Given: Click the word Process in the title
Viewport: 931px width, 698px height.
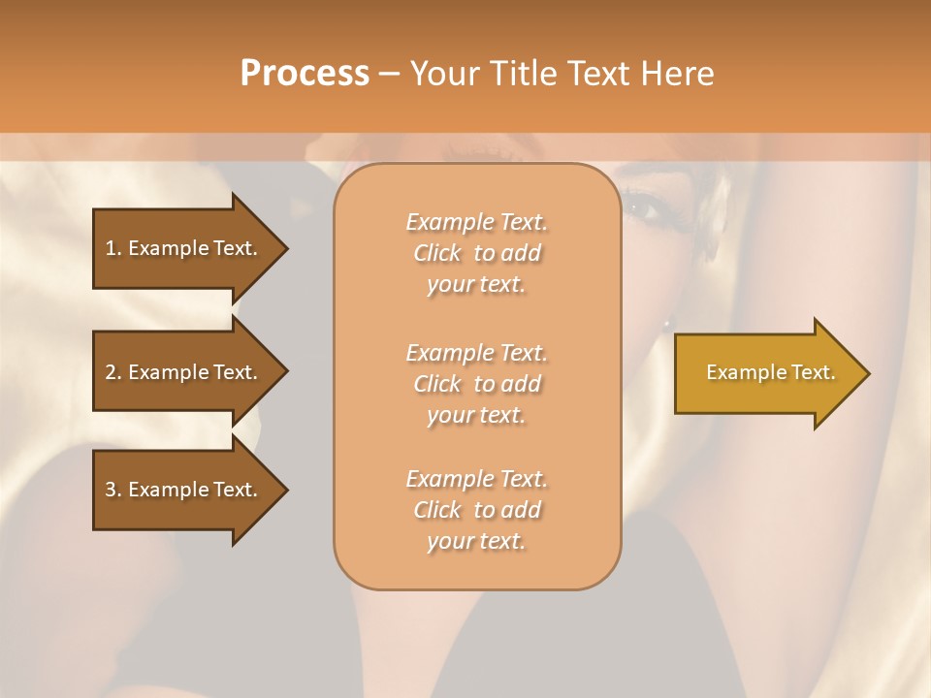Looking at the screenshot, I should [x=305, y=74].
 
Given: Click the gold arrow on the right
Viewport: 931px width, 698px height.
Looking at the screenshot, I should [x=766, y=372].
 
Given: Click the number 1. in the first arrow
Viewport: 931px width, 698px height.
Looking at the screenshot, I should [x=112, y=248].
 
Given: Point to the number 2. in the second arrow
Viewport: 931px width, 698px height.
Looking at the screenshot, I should [x=112, y=372].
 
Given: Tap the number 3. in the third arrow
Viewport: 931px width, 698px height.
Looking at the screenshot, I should [x=112, y=490].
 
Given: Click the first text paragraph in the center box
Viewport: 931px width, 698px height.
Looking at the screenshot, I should [x=476, y=253].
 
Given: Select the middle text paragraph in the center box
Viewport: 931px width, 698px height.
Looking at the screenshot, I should [x=476, y=384].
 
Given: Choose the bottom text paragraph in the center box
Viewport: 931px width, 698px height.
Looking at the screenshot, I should [x=476, y=510].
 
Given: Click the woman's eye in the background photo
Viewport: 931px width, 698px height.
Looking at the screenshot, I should [x=641, y=206].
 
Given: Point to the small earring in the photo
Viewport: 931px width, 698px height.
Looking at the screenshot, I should [x=667, y=323].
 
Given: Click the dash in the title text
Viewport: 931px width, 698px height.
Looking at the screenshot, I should [x=389, y=74].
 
